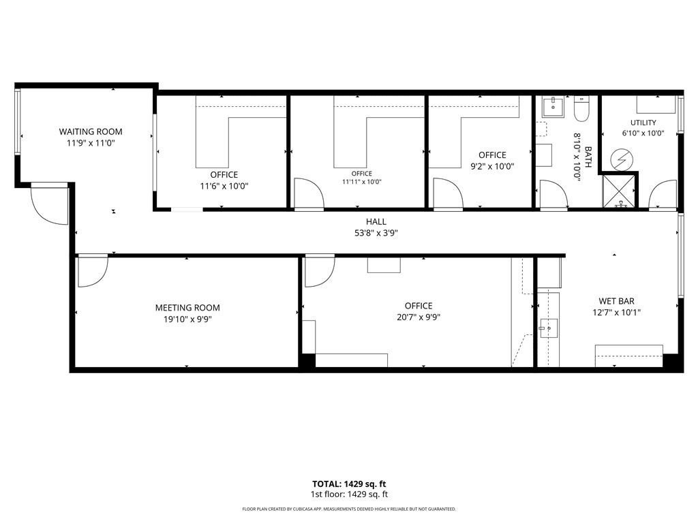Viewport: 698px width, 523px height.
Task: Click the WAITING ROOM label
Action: (x=91, y=131)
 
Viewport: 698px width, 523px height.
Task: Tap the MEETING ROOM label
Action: (x=187, y=307)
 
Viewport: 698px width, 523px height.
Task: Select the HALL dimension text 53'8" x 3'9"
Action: (x=376, y=233)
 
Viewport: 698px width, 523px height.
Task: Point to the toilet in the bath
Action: (x=581, y=109)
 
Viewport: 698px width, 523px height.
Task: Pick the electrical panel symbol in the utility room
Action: (x=620, y=160)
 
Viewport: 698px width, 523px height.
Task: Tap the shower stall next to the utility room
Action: (x=619, y=191)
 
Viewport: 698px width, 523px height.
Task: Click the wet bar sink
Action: (x=549, y=329)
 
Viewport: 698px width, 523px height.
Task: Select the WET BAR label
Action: (x=616, y=301)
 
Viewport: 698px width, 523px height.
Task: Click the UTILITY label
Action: (x=643, y=123)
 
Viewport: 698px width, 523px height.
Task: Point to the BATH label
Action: (x=588, y=157)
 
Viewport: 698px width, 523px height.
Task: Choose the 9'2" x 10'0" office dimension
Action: (x=492, y=166)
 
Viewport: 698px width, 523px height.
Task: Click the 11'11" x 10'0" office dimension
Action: (x=361, y=181)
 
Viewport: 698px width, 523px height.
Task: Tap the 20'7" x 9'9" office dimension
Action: (x=419, y=317)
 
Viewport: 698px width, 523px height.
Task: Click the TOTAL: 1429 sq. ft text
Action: (x=349, y=484)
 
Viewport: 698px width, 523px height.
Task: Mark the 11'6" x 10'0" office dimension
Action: (x=224, y=186)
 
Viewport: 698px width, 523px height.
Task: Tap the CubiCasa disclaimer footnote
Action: (x=349, y=509)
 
